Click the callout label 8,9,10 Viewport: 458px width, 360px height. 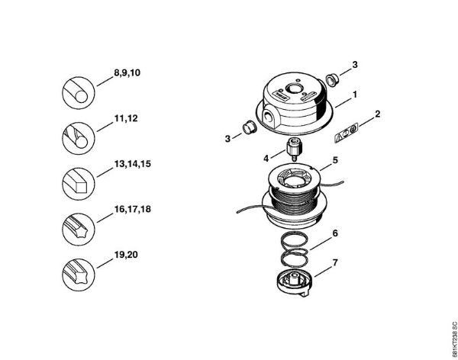(x=127, y=72)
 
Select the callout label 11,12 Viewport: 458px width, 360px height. (x=126, y=118)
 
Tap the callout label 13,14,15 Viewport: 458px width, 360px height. (x=133, y=164)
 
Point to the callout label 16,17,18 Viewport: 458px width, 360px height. (x=133, y=209)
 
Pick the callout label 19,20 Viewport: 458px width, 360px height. (x=126, y=255)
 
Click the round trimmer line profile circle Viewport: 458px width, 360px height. (x=79, y=93)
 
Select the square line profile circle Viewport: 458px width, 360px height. (x=79, y=184)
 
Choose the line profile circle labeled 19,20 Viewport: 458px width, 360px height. (x=79, y=275)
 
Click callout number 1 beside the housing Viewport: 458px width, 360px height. (x=355, y=95)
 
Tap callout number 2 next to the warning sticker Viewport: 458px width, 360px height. (x=377, y=114)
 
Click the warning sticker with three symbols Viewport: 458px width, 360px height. (x=346, y=133)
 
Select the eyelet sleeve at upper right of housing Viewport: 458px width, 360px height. (x=332, y=79)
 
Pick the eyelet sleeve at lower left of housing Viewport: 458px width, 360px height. (x=250, y=127)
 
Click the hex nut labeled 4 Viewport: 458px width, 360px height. (x=294, y=149)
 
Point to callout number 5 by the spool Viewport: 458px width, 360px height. (x=335, y=160)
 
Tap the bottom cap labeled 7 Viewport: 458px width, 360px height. (x=295, y=283)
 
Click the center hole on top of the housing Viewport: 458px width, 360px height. (x=294, y=88)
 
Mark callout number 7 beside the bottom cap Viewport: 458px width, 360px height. (x=335, y=263)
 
